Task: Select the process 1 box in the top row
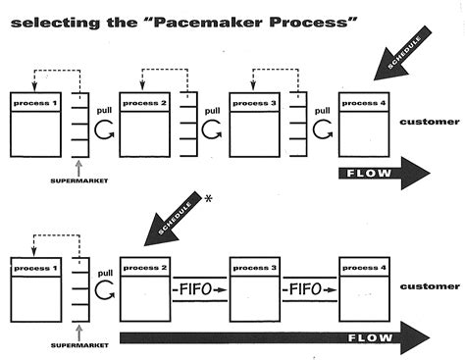click(36, 125)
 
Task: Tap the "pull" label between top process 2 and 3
click(211, 111)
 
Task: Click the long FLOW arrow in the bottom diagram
click(275, 339)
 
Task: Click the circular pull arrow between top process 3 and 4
click(320, 129)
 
